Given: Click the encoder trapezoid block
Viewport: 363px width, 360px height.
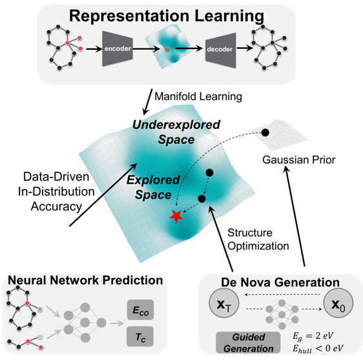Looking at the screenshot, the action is click(118, 49).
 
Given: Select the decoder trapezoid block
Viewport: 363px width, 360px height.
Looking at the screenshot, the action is click(221, 50).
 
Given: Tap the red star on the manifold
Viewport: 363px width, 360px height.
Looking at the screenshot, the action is click(176, 216).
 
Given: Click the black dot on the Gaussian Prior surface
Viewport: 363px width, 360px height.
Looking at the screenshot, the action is click(265, 133).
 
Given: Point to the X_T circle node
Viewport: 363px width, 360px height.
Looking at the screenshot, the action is click(224, 303).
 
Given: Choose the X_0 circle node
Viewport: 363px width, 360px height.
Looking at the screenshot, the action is click(338, 303).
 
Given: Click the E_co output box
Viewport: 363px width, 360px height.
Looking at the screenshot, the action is click(140, 310).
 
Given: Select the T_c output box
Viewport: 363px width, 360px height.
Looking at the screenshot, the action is click(140, 336).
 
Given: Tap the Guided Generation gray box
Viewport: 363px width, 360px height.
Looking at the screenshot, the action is click(248, 343).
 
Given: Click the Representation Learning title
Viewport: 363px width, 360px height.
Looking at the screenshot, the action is click(167, 15).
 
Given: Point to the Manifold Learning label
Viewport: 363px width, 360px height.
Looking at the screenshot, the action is click(198, 96).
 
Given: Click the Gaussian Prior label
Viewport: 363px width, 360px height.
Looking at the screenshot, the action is click(299, 160).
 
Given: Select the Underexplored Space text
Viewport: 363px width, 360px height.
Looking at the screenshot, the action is click(176, 132).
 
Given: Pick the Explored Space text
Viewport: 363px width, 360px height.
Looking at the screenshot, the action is click(153, 187).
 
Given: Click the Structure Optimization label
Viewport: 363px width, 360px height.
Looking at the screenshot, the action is click(258, 239).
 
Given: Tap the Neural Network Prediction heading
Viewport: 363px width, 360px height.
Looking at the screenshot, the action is click(85, 280).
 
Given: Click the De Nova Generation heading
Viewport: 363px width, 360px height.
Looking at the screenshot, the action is click(280, 283).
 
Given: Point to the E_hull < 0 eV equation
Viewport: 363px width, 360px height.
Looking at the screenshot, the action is click(318, 348).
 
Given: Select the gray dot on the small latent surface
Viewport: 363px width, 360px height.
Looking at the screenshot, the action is click(167, 49).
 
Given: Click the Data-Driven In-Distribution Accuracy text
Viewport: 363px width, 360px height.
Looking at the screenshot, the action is click(56, 192).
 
